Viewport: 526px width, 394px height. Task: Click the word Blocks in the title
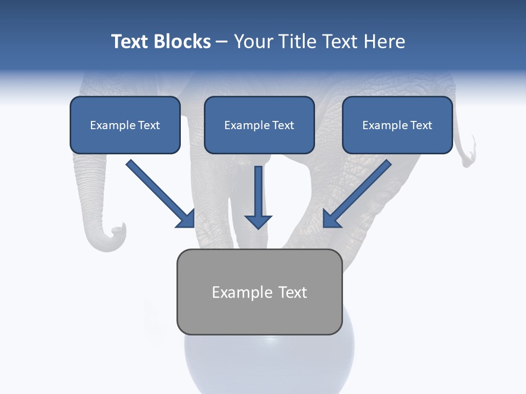pos(182,42)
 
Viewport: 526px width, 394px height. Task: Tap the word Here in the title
pos(385,42)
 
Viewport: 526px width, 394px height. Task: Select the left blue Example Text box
pos(125,125)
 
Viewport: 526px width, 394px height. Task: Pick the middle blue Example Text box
pos(259,125)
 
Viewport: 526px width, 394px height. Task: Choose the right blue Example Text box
pos(397,125)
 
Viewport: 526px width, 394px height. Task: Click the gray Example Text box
pos(259,292)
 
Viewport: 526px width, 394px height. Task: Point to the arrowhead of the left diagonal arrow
pos(186,219)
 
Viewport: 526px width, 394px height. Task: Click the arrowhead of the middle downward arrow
pos(258,222)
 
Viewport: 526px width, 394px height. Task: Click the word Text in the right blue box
pos(421,125)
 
